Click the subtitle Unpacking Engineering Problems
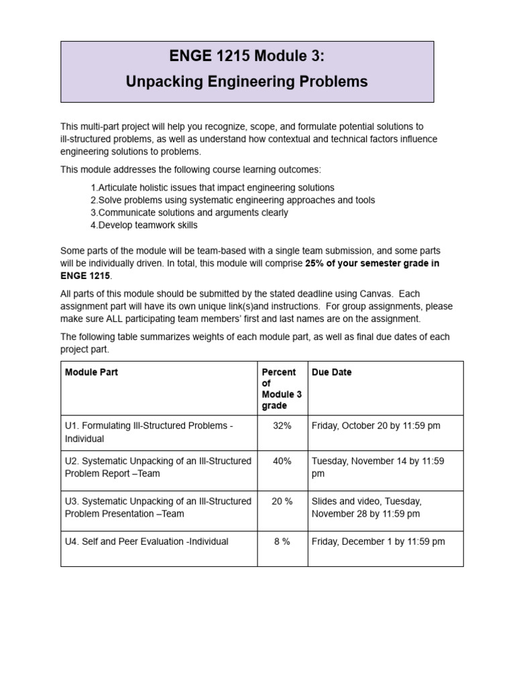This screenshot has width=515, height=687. (247, 82)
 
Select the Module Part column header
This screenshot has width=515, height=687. (91, 372)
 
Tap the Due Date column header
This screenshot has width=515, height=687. (331, 372)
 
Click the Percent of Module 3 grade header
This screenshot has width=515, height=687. (282, 389)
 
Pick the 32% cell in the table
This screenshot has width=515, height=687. (282, 427)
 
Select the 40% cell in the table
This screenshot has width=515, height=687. (282, 462)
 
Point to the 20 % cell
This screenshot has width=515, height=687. (282, 501)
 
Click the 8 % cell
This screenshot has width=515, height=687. (282, 541)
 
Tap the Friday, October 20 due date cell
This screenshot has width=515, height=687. (376, 427)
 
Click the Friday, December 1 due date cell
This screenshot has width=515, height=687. (378, 541)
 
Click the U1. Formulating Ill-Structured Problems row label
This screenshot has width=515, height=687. (149, 433)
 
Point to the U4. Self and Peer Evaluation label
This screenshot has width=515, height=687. (146, 541)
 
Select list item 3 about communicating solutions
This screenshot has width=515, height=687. (189, 213)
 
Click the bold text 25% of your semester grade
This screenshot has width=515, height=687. (372, 264)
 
